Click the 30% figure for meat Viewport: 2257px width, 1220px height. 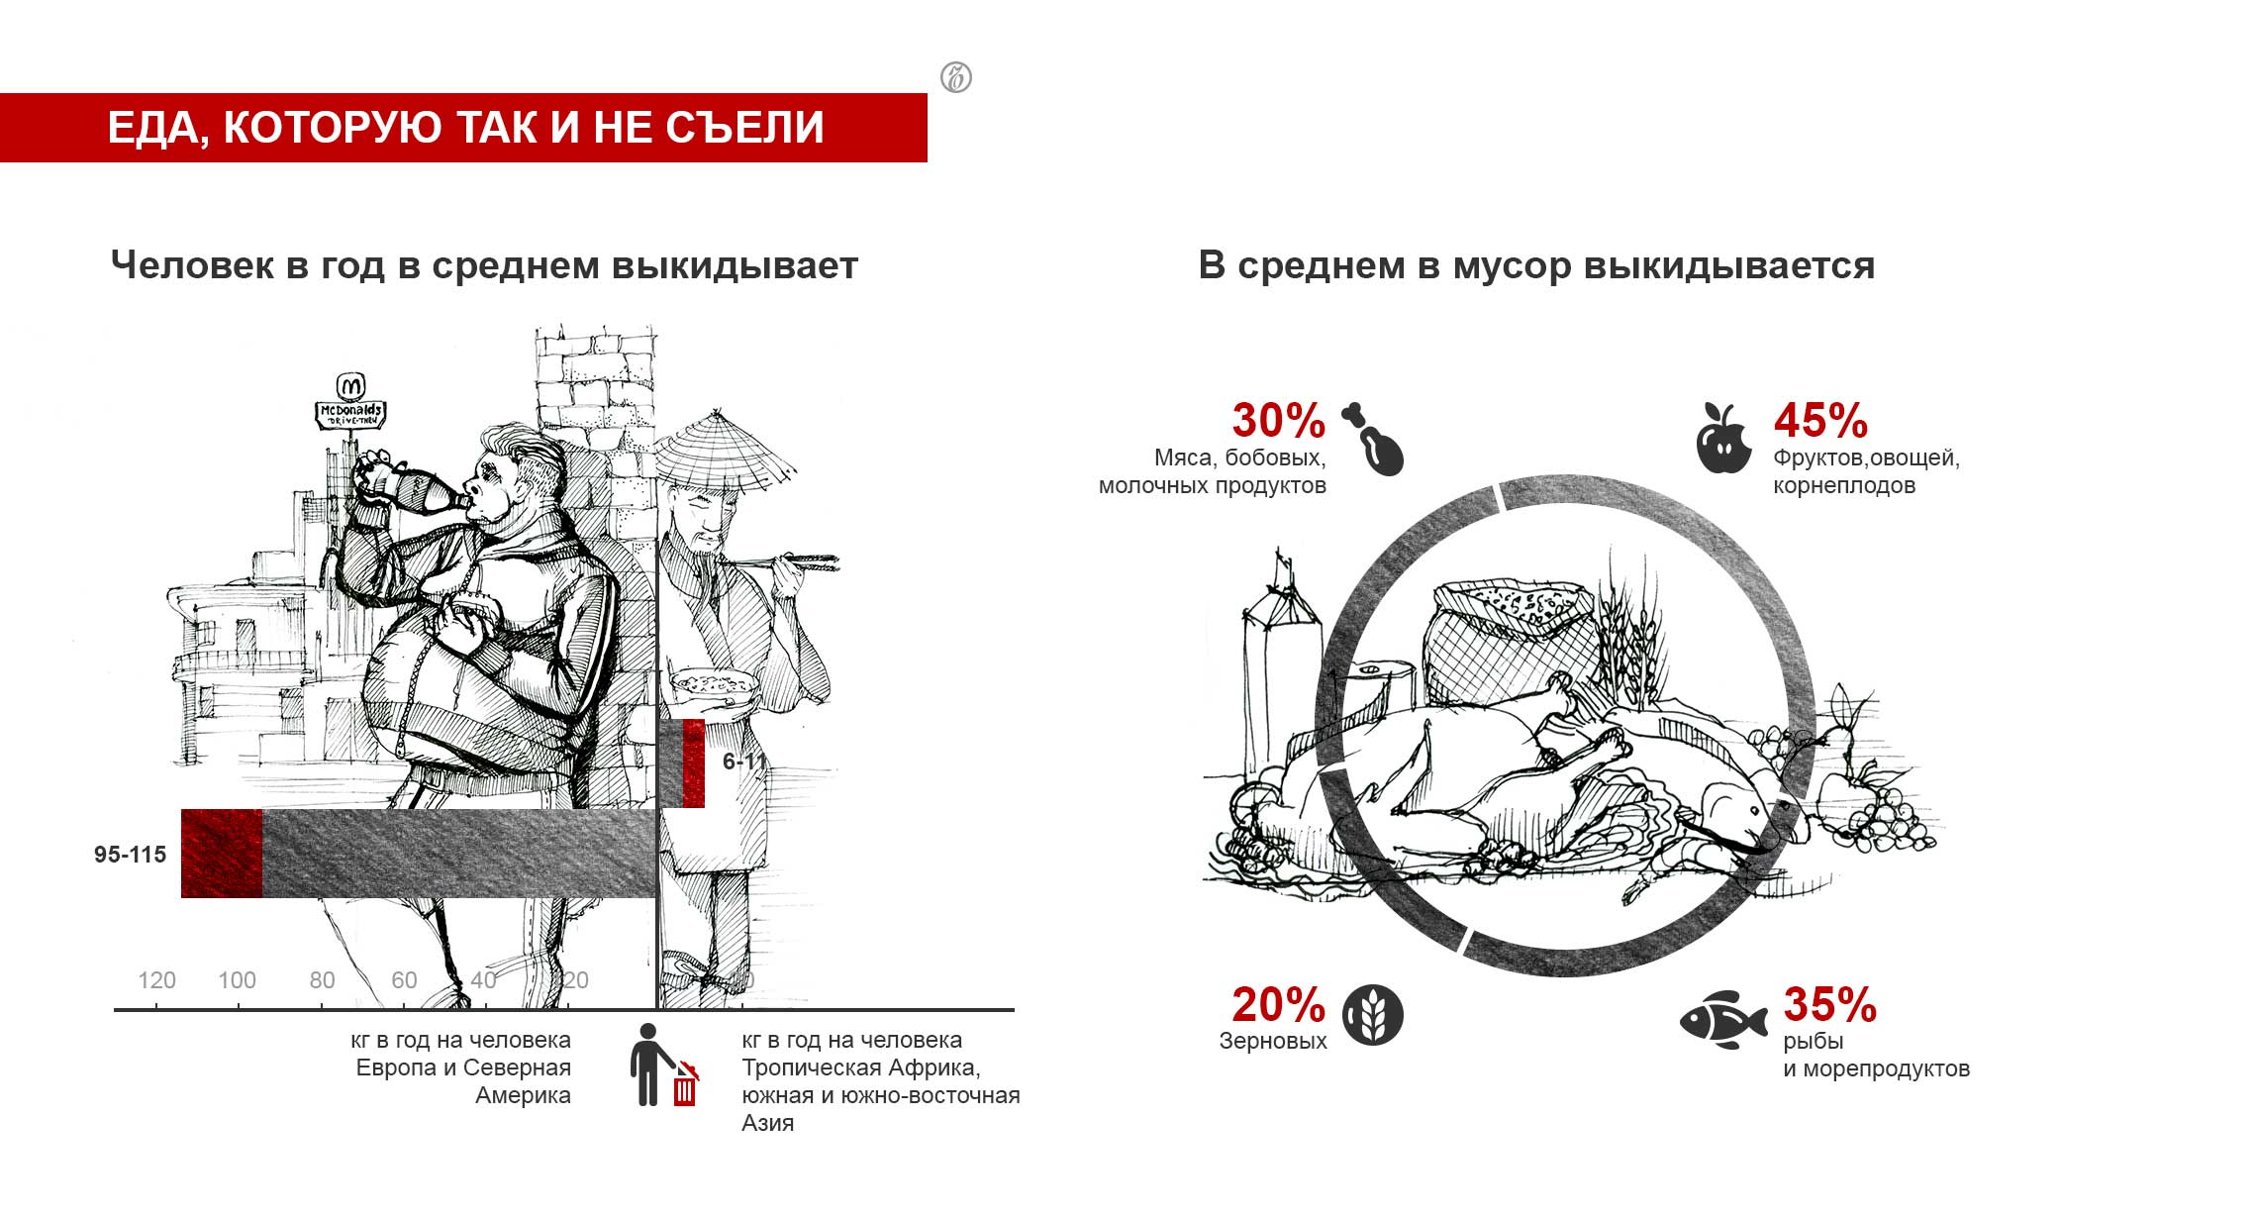[x=1278, y=421]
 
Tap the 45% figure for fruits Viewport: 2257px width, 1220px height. [x=1819, y=421]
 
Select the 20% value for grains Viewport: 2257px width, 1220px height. [x=1278, y=1005]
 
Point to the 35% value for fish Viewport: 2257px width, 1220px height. [x=1829, y=1005]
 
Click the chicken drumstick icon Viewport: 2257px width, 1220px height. [x=1375, y=440]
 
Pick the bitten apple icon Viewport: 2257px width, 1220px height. [x=1723, y=439]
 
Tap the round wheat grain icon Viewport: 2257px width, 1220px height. [x=1372, y=1015]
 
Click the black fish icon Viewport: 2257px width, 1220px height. [x=1723, y=1020]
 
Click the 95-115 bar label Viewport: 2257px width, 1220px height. [x=130, y=855]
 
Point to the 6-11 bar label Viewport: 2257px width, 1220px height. [x=743, y=762]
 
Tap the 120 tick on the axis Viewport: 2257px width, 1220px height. [x=156, y=980]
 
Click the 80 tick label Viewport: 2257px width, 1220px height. [x=322, y=980]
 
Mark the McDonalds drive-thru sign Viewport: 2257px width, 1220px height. [x=350, y=404]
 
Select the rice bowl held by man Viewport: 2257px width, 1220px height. [x=714, y=684]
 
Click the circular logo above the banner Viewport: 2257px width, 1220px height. [x=955, y=77]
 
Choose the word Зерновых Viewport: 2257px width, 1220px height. [x=1272, y=1042]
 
